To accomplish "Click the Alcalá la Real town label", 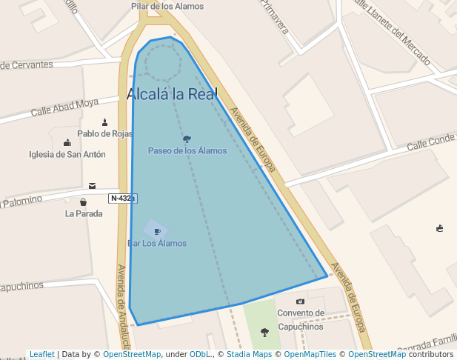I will pos(171,94).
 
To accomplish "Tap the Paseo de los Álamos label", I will pos(187,150).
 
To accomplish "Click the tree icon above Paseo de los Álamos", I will pos(187,139).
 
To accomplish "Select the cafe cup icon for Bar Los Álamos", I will pos(156,231).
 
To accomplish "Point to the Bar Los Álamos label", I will pos(157,243).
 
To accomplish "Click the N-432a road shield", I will pos(123,199).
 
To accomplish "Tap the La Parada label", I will pos(84,214).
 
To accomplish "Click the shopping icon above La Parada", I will pos(83,202).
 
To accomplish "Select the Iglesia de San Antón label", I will pos(67,154).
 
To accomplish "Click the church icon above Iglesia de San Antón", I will pos(67,142).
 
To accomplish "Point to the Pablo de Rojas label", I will pos(105,134).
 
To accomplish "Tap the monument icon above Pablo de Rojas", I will pos(104,122).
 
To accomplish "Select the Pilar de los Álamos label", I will pos(157,6).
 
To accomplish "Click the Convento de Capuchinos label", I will pos(301,319).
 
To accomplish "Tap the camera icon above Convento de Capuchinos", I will pos(300,301).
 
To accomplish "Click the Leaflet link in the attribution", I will pos(42,355).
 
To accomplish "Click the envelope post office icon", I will pos(92,186).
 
